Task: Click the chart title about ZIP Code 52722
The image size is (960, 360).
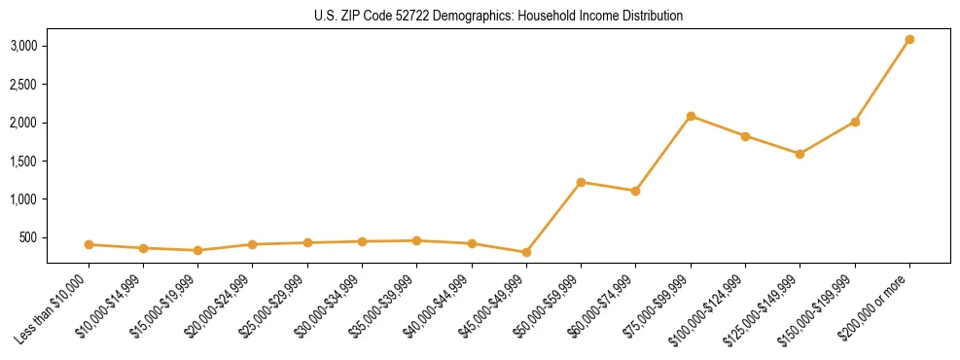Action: pyautogui.click(x=498, y=17)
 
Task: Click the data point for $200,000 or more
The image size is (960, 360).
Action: pyautogui.click(x=909, y=40)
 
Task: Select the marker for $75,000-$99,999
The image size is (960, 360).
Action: pyautogui.click(x=691, y=116)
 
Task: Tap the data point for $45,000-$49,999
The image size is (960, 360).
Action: pyautogui.click(x=526, y=252)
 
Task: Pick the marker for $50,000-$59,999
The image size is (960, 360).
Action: pyautogui.click(x=581, y=182)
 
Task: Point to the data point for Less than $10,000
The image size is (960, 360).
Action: pyautogui.click(x=89, y=244)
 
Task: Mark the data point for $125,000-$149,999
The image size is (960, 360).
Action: pyautogui.click(x=800, y=154)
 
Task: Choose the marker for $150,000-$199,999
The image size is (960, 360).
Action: pyautogui.click(x=855, y=122)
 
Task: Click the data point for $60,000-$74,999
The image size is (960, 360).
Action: pyautogui.click(x=635, y=191)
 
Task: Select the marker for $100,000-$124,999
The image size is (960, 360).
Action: pyautogui.click(x=745, y=136)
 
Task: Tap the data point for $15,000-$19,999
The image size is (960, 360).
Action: pyautogui.click(x=197, y=250)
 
